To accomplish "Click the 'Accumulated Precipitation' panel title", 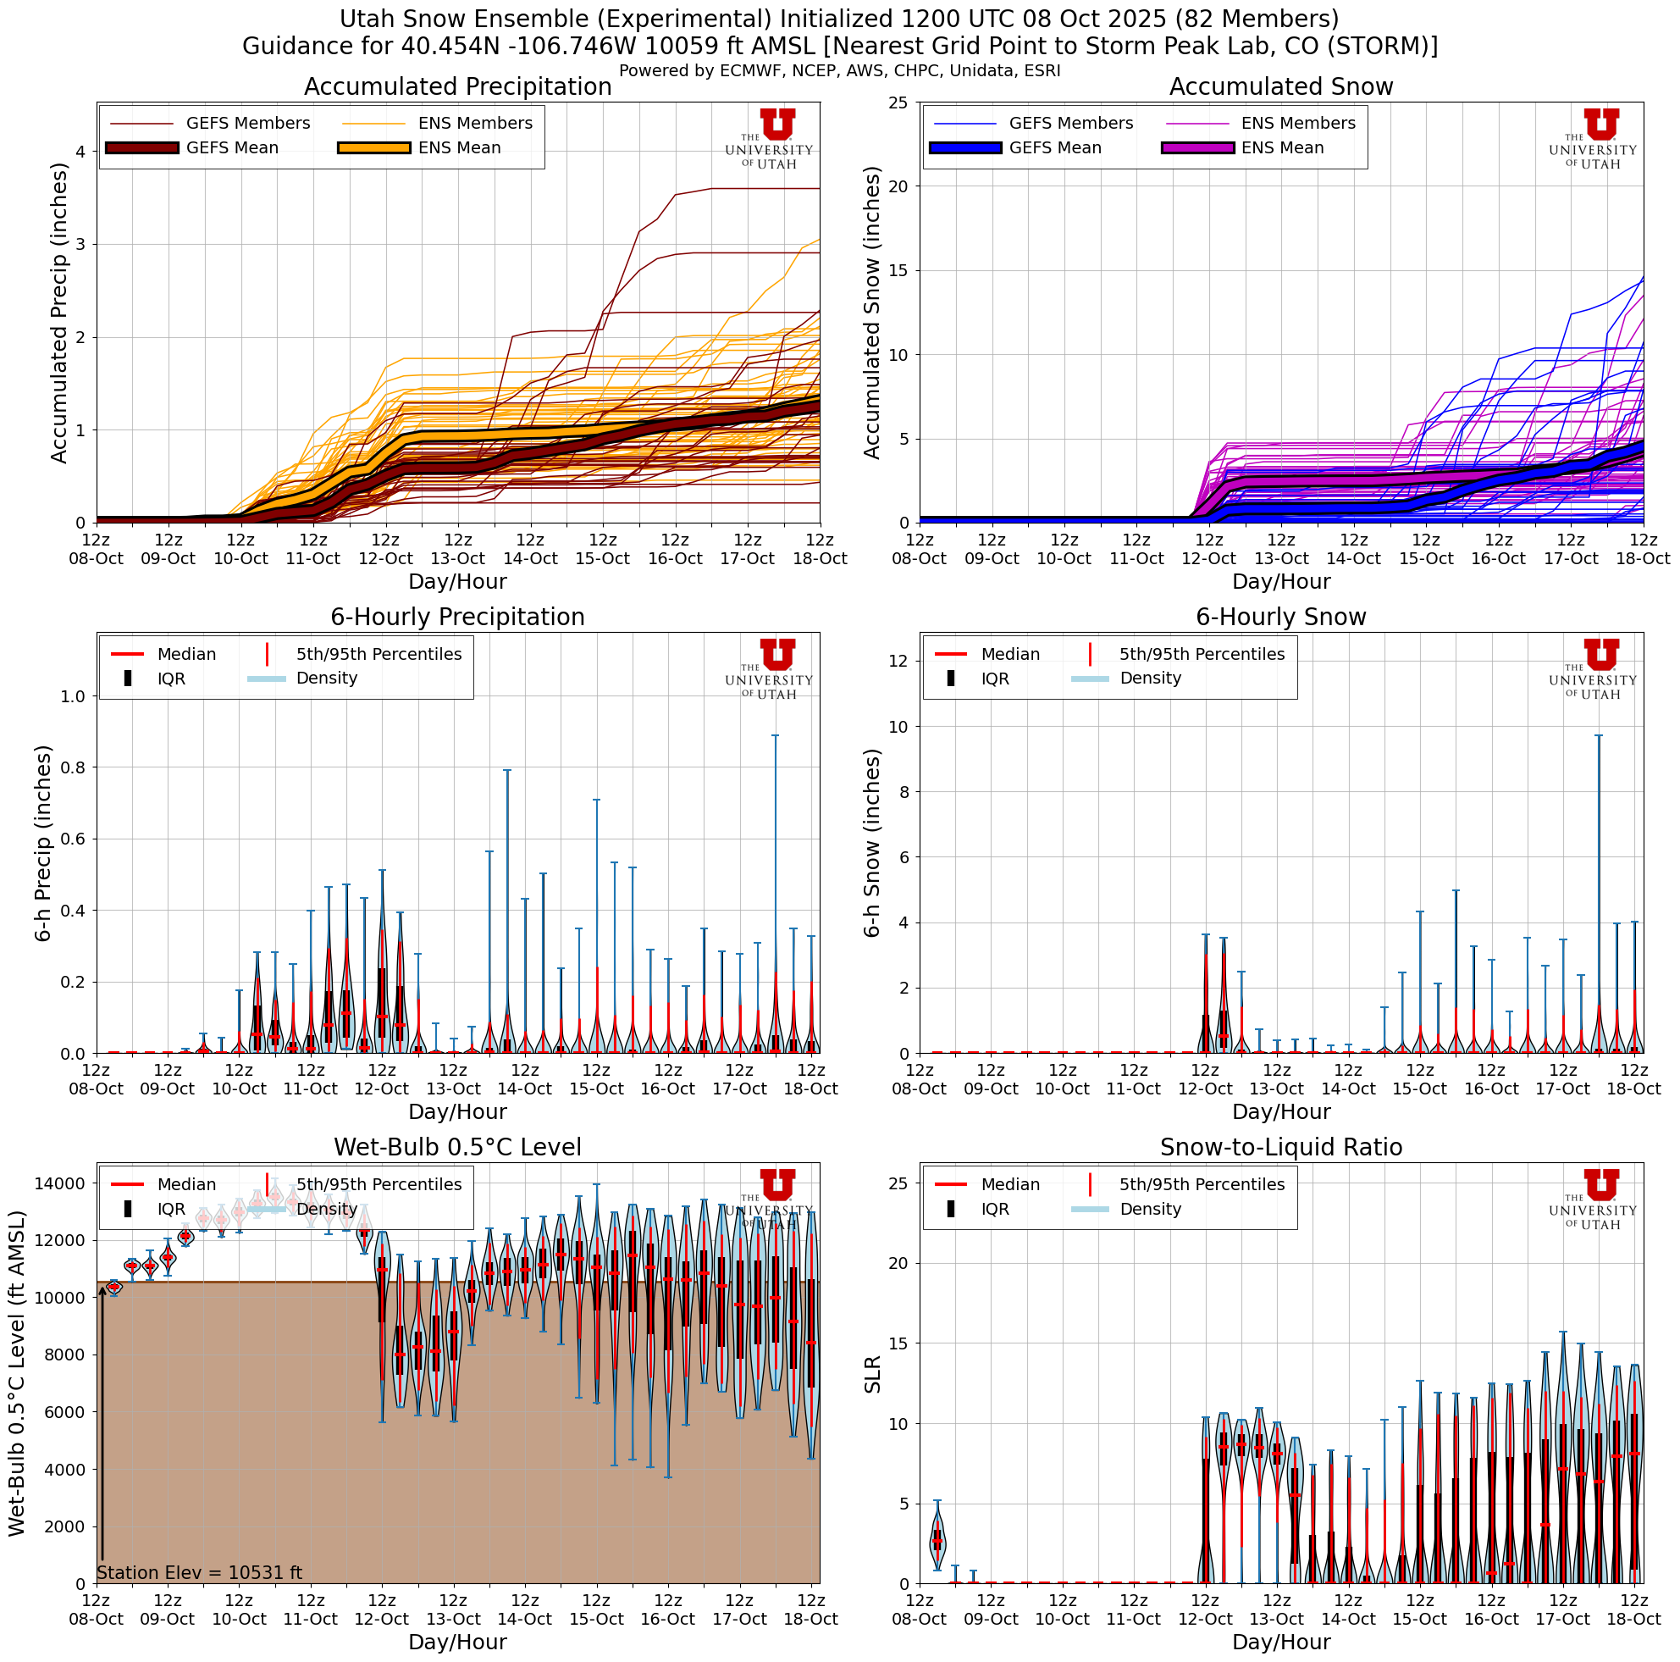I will pyautogui.click(x=457, y=87).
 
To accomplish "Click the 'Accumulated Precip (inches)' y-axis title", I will pyautogui.click(x=59, y=313).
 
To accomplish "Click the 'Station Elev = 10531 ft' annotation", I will pyautogui.click(x=199, y=1572).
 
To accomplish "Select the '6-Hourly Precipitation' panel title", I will pyautogui.click(x=457, y=618).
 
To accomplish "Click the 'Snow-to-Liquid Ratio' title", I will pyautogui.click(x=1281, y=1147).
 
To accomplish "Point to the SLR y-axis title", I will pyautogui.click(x=873, y=1374).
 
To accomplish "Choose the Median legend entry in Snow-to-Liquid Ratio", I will pyautogui.click(x=1009, y=1184).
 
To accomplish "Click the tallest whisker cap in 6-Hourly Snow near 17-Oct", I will pyautogui.click(x=1598, y=736).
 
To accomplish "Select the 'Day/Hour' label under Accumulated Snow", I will pyautogui.click(x=1281, y=582).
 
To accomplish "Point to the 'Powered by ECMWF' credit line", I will pyautogui.click(x=839, y=71).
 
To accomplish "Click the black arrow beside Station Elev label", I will pyautogui.click(x=102, y=1427).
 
